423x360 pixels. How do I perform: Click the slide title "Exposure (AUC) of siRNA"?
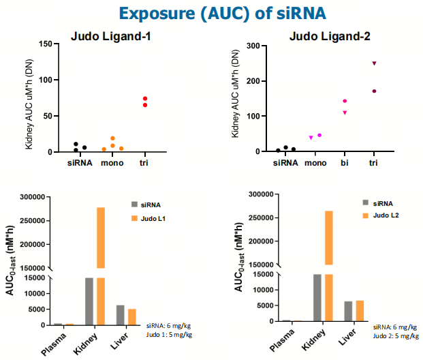point(212,14)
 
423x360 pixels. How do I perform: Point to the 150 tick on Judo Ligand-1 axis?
point(47,44)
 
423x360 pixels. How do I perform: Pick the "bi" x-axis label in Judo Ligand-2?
point(345,164)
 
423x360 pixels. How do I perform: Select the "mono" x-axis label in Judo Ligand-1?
point(112,164)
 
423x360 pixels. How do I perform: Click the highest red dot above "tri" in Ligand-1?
point(145,99)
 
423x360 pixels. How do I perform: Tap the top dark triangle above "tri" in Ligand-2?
point(374,63)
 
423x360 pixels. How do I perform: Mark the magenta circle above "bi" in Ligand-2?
point(345,101)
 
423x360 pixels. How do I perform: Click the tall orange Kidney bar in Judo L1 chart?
point(100,239)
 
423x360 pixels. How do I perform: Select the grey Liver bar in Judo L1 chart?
point(120,314)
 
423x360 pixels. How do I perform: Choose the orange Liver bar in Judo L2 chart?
point(360,310)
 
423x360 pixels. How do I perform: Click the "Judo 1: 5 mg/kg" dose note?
point(169,334)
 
